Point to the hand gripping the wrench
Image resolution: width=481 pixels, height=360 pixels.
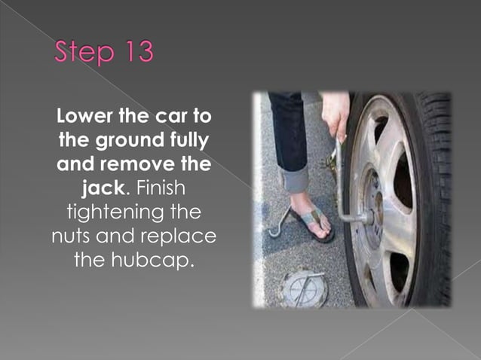pos(335,114)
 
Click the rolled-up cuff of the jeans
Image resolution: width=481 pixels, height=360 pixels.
pos(294,178)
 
